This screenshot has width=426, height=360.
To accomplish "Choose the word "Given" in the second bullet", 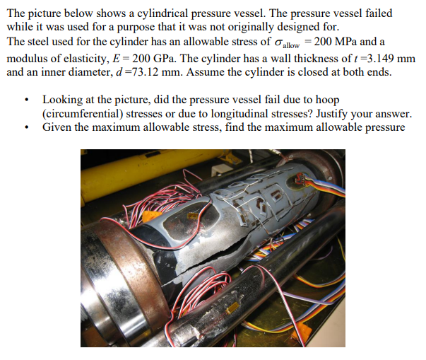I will click(x=58, y=127).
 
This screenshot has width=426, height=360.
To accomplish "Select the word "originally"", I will click(x=277, y=27).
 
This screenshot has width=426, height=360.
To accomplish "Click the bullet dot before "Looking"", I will click(x=26, y=102).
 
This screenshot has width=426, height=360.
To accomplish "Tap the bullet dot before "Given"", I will click(x=26, y=128).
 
